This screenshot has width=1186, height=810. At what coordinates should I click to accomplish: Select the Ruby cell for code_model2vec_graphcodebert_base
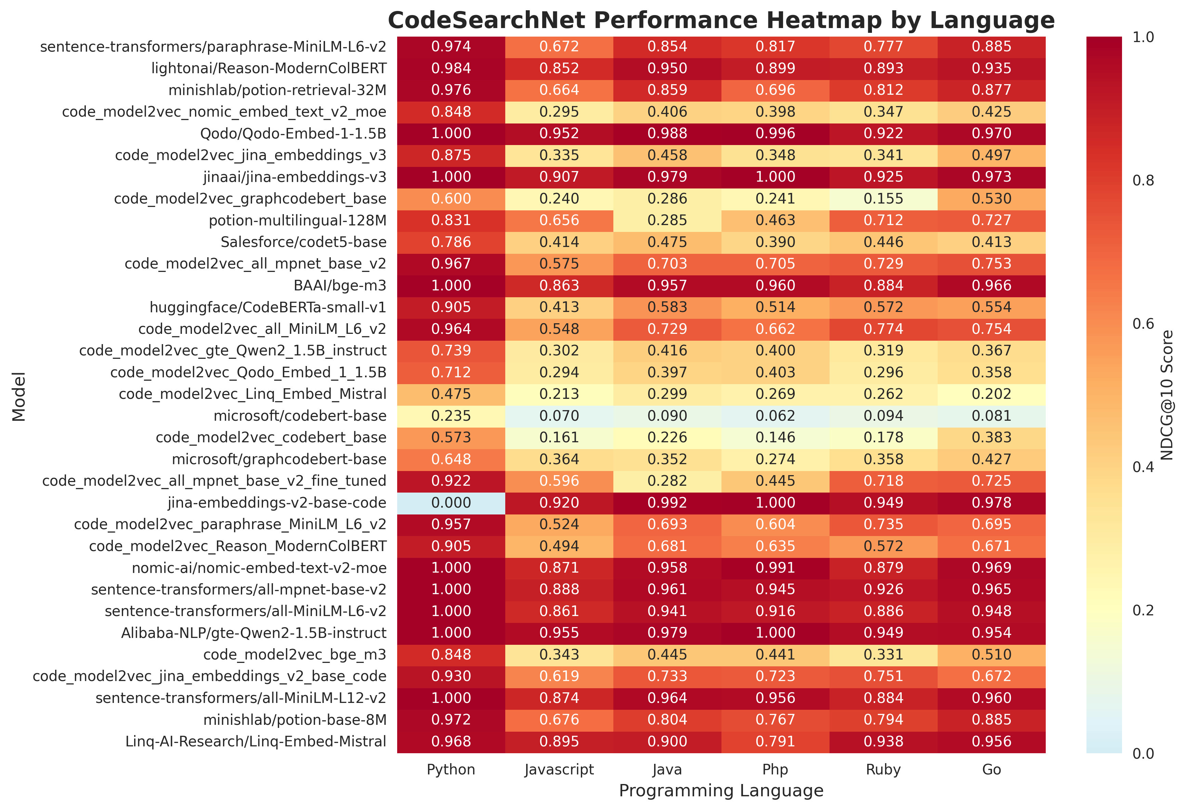click(883, 198)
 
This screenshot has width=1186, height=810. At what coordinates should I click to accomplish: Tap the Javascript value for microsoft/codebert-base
click(559, 416)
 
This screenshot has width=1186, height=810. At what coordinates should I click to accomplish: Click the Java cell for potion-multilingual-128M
click(667, 221)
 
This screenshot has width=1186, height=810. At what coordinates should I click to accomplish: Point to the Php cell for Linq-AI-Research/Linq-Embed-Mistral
click(775, 742)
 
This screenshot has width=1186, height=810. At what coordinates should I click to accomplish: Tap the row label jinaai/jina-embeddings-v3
click(295, 177)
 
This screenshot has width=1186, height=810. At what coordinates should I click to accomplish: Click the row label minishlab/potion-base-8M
click(295, 720)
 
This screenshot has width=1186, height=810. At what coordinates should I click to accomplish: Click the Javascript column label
click(559, 770)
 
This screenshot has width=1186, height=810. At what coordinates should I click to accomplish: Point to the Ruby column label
click(883, 770)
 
